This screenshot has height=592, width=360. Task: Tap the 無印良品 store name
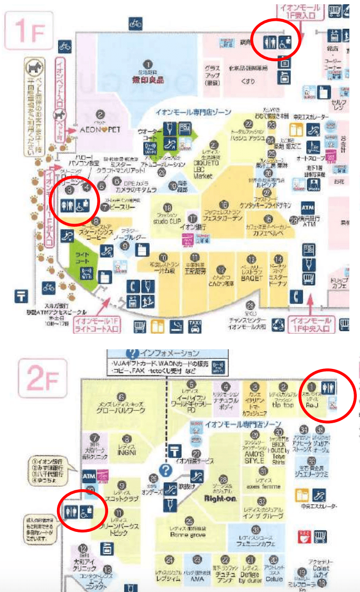click(148, 80)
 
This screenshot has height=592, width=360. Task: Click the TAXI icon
click(195, 325)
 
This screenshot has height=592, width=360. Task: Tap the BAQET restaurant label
click(252, 276)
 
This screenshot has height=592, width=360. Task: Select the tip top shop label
click(284, 404)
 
